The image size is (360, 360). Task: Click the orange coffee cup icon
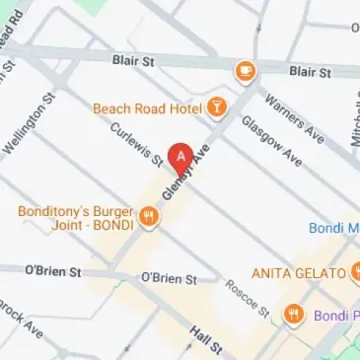244,71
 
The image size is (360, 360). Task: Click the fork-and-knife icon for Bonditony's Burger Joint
149,216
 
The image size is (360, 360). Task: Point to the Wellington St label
27,127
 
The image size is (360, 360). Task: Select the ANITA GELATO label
299,272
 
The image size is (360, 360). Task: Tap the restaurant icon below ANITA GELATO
293,315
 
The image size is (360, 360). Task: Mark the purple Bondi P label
336,318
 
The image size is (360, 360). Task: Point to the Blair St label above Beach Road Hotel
134,61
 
